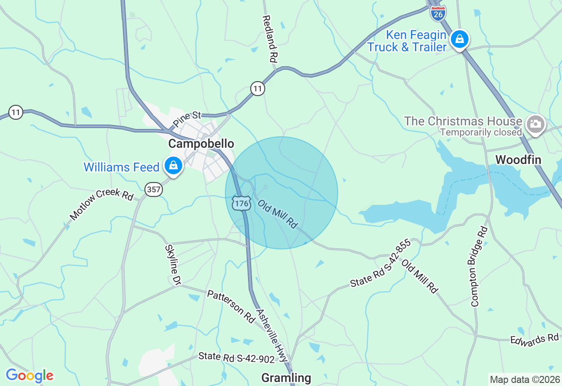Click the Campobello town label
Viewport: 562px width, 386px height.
(x=201, y=144)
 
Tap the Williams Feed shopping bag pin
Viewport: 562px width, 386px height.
(x=173, y=166)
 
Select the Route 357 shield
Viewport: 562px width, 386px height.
(x=154, y=189)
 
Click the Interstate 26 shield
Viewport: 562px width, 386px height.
(x=438, y=13)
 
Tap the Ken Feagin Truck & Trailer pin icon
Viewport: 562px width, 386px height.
(x=460, y=39)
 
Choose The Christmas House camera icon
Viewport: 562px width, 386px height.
(x=536, y=124)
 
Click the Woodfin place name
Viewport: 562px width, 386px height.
(x=519, y=160)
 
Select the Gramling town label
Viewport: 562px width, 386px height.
(x=286, y=378)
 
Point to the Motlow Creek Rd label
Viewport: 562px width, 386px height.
(x=101, y=204)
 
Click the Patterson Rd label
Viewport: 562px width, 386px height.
(x=231, y=306)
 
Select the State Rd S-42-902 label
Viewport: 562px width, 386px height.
(x=236, y=357)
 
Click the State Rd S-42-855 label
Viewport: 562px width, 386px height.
(x=380, y=263)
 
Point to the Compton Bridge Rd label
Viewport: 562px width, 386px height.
(x=479, y=266)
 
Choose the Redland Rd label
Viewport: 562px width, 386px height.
(x=270, y=39)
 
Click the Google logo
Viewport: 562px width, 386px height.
(x=29, y=376)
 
